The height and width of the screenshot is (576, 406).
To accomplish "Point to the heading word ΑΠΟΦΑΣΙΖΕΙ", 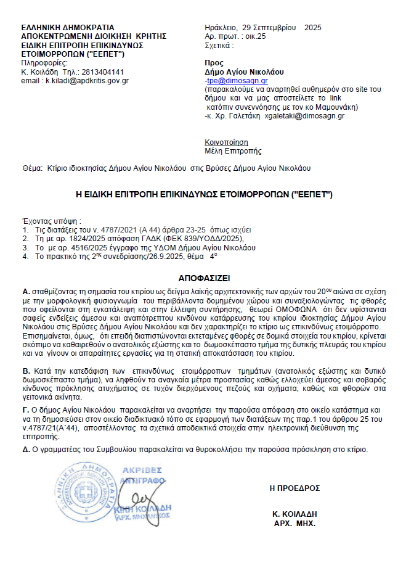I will [x=203, y=278].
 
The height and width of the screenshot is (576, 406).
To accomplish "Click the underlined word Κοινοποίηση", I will [x=222, y=141].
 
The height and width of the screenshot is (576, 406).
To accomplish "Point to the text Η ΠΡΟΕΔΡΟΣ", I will [x=294, y=488].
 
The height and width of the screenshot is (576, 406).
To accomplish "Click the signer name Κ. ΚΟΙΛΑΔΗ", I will [x=294, y=514].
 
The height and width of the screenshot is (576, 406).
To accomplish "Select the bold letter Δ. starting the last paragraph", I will [x=26, y=449].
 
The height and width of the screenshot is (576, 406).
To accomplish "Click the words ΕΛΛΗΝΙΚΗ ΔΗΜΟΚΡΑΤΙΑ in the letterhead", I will [x=68, y=28].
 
